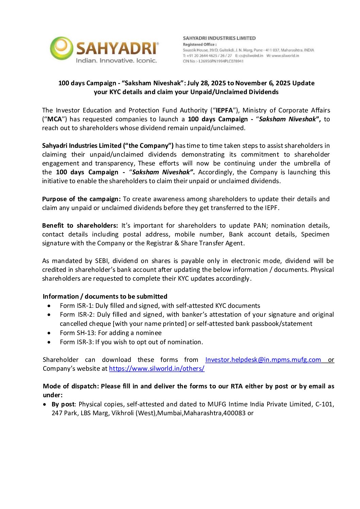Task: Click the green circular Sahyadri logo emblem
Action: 62,48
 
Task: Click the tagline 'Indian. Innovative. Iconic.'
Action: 116,61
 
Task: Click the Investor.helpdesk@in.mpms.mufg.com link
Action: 263,359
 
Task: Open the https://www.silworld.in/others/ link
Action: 157,368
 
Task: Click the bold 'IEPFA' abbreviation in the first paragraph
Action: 224,110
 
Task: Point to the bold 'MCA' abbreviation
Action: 55,119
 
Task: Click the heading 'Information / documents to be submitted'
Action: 105,296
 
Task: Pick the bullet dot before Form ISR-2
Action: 49,315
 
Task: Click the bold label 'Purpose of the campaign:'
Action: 81,199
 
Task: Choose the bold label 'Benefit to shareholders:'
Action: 80,225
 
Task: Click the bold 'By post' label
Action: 63,404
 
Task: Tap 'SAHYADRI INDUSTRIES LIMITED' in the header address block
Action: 219,38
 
